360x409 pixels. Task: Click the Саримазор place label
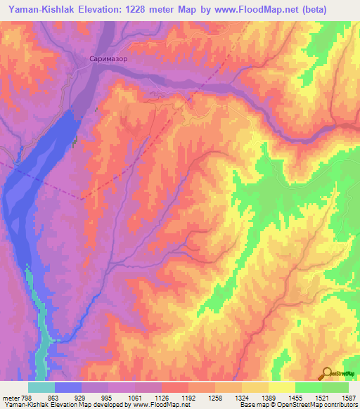pyautogui.click(x=108, y=60)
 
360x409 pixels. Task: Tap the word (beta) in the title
pyautogui.click(x=337, y=8)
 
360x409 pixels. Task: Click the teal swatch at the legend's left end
pyautogui.click(x=41, y=387)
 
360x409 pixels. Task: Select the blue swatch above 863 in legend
pyautogui.click(x=68, y=387)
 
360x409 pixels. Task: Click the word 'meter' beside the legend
pyautogui.click(x=11, y=397)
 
